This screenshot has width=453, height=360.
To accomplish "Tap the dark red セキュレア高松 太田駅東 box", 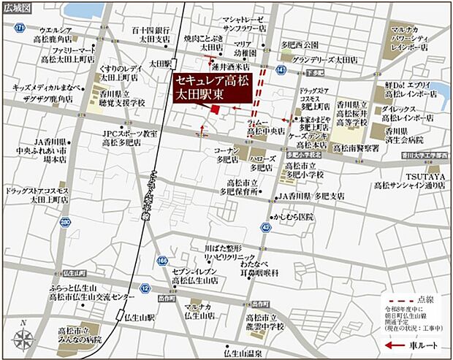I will coord(210,88).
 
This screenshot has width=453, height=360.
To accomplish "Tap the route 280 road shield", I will coord(65,221).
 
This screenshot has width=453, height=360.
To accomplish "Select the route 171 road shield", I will coord(18,27).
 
